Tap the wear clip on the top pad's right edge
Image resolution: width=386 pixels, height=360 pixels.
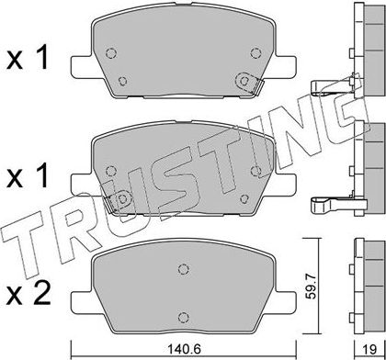click(x=256, y=88)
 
